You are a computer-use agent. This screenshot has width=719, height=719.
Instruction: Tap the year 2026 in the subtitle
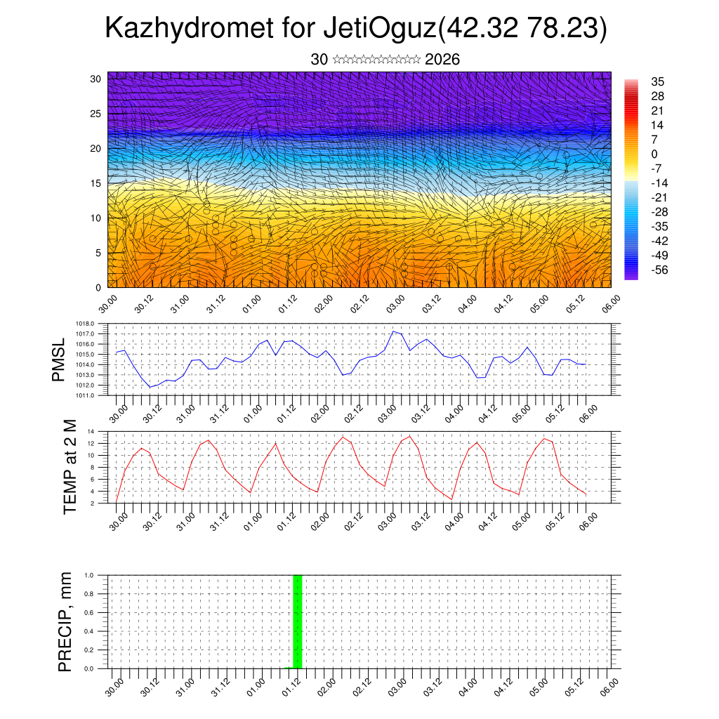point(442,60)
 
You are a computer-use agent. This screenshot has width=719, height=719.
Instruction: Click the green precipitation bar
point(297,621)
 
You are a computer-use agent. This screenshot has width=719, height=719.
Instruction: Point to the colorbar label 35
point(658,82)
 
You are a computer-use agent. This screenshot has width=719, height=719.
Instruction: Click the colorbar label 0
point(654,154)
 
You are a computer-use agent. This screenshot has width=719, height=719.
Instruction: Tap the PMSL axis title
point(61,360)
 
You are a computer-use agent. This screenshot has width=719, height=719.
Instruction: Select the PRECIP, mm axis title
point(65,621)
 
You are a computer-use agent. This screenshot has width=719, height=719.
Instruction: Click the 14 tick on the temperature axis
point(91,431)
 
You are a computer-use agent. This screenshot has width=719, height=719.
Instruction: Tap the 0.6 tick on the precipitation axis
point(89,612)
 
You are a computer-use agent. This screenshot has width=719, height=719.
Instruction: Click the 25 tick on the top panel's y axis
point(95,113)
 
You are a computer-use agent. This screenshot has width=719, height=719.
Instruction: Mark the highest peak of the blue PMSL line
point(394,331)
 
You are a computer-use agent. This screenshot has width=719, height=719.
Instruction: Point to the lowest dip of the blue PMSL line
point(150,387)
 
